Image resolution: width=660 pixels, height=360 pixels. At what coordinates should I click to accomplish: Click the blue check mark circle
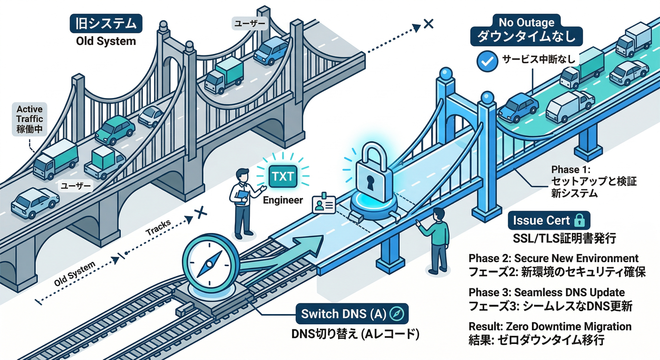tap(486, 60)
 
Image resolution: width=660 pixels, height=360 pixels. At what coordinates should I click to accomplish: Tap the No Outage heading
tap(526, 22)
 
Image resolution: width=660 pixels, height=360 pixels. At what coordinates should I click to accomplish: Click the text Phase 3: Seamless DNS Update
tap(547, 292)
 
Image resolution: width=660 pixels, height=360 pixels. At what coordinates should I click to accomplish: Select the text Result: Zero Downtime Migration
tap(550, 326)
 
